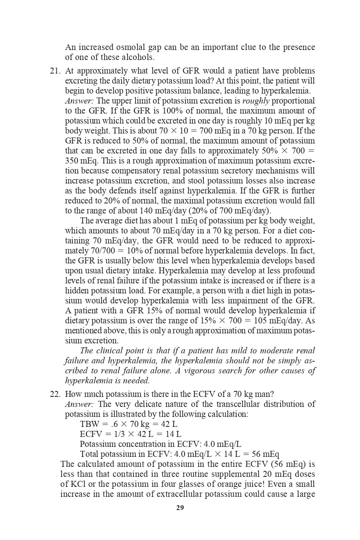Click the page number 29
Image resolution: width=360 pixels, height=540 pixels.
click(180, 508)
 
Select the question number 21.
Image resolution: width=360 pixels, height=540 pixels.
click(55, 71)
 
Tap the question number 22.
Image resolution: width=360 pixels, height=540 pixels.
click(55, 394)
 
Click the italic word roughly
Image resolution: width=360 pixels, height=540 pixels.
click(256, 101)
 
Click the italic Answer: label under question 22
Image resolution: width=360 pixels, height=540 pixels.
click(79, 404)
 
